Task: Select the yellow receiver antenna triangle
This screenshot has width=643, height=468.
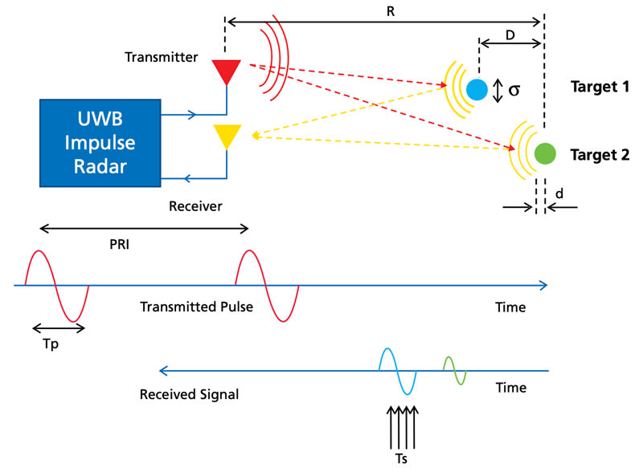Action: pyautogui.click(x=226, y=136)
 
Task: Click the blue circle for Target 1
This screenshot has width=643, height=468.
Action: pyautogui.click(x=476, y=88)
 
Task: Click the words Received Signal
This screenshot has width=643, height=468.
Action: pyautogui.click(x=189, y=394)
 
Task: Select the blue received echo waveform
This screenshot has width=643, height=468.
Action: pyautogui.click(x=398, y=371)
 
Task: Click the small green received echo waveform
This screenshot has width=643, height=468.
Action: pyautogui.click(x=455, y=371)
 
